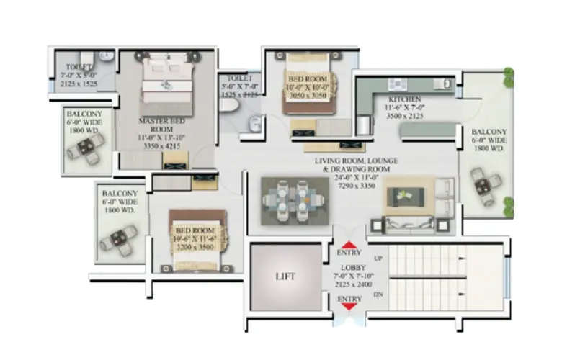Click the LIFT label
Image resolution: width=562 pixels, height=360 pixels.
coord(285,276)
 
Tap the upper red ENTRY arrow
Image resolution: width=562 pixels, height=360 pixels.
coord(349,245)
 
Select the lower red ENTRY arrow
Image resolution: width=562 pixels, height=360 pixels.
coord(349,307)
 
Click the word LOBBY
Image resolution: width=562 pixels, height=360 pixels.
coord(349,266)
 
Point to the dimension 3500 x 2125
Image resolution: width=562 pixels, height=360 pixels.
coord(404,115)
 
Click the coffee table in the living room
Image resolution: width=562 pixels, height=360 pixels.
coord(409,195)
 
